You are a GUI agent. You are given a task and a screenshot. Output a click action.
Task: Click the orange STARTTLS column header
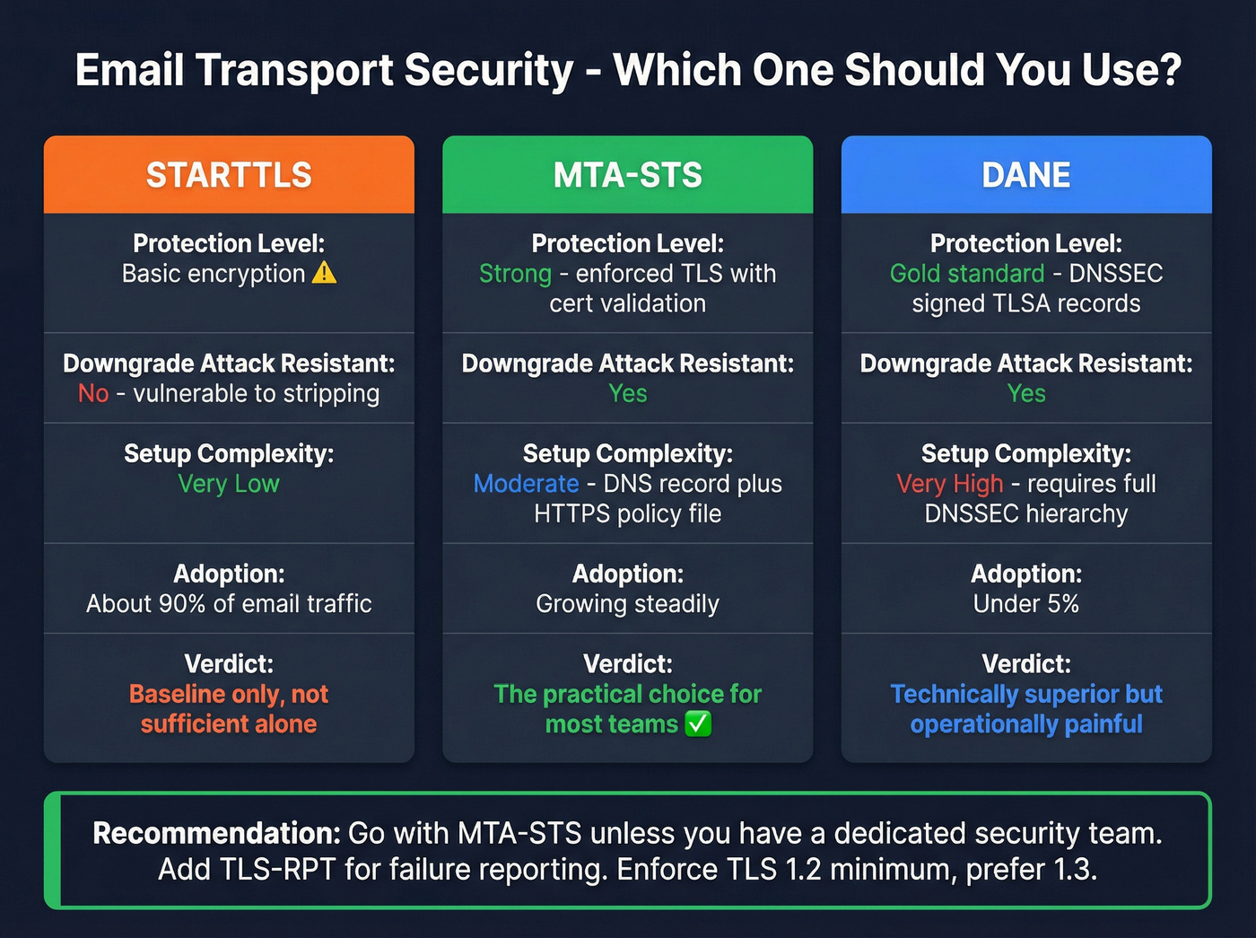(229, 175)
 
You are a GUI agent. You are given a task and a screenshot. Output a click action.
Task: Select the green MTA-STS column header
(627, 175)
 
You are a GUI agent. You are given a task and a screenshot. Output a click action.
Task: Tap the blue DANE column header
(1025, 175)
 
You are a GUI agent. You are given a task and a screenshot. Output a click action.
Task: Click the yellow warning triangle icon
(324, 273)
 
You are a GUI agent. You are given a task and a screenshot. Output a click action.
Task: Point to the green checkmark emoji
(698, 723)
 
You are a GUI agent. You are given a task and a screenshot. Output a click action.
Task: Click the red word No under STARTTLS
(93, 393)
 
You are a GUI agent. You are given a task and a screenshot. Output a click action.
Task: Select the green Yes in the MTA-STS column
(627, 393)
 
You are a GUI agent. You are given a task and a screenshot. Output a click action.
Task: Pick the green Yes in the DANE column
(1025, 393)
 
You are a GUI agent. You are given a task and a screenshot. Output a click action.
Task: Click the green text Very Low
(229, 484)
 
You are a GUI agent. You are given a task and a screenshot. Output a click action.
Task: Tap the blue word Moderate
(526, 484)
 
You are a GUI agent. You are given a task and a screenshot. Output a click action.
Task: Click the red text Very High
(949, 484)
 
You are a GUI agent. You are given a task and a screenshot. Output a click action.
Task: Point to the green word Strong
(515, 273)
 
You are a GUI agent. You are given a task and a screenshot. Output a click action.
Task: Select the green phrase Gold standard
(967, 273)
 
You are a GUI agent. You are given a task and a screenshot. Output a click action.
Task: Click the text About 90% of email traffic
(229, 603)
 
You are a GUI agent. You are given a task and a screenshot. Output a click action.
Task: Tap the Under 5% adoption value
(1025, 603)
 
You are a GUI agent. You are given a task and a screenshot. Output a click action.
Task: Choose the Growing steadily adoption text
(627, 603)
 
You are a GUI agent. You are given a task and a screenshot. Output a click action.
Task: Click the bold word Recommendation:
(216, 833)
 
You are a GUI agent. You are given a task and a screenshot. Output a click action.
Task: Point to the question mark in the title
(1169, 70)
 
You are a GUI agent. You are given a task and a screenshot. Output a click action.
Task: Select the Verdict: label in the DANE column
(1025, 663)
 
